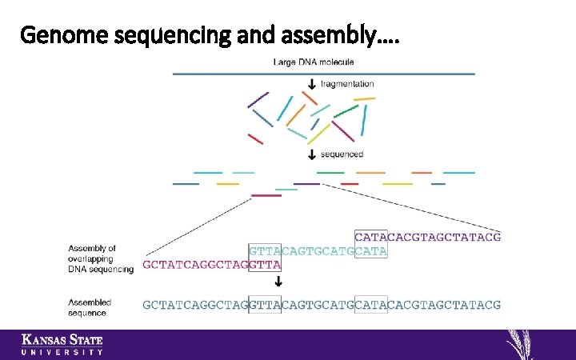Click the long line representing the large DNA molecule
click(323, 74)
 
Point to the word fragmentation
click(346, 84)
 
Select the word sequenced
click(342, 154)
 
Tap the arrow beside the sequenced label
click(311, 154)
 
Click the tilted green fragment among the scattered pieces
click(346, 111)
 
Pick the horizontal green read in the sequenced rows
click(330, 172)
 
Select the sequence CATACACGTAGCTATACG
click(428, 237)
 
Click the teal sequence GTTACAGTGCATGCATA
click(318, 250)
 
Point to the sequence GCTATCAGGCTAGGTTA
click(212, 264)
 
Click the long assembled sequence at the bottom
click(322, 304)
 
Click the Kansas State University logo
click(62, 344)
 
